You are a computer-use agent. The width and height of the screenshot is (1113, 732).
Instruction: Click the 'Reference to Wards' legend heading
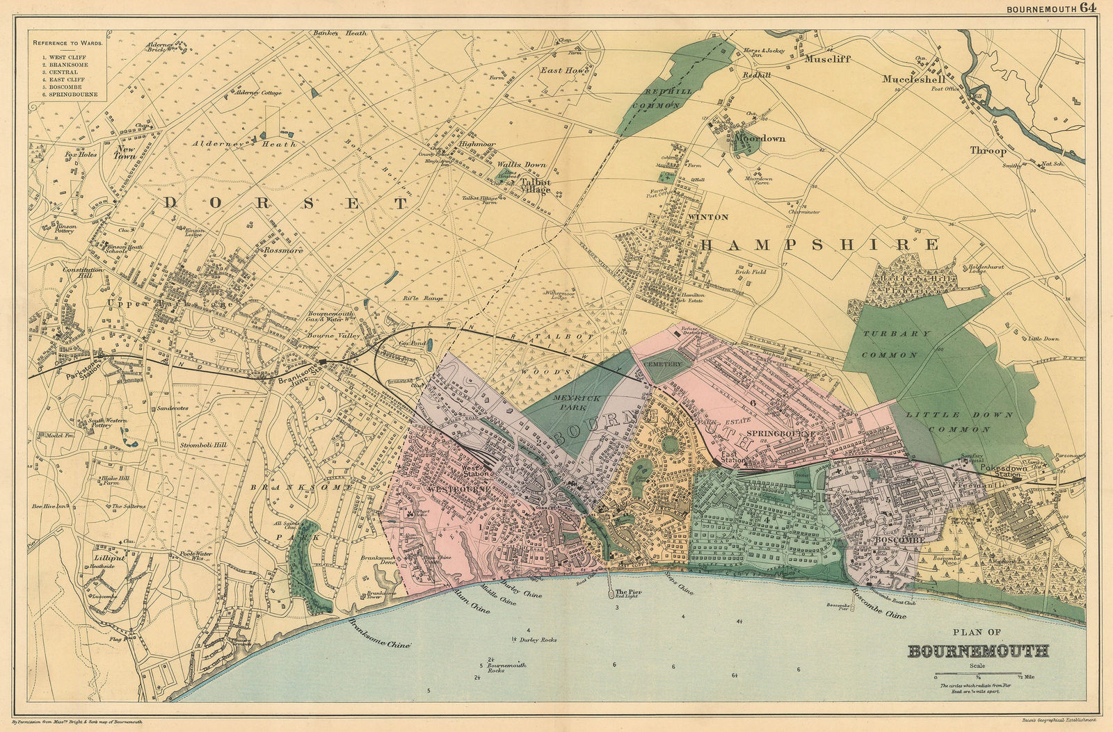[x=67, y=43]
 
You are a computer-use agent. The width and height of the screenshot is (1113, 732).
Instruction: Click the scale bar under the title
[x=978, y=673]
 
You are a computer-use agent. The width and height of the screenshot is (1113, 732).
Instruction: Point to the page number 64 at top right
[x=1089, y=8]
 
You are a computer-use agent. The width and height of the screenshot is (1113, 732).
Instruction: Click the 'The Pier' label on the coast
[x=628, y=592]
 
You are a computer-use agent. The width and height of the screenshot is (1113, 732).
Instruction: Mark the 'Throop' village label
[x=988, y=150]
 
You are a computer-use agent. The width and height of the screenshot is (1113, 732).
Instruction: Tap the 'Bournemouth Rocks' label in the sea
[x=506, y=668]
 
